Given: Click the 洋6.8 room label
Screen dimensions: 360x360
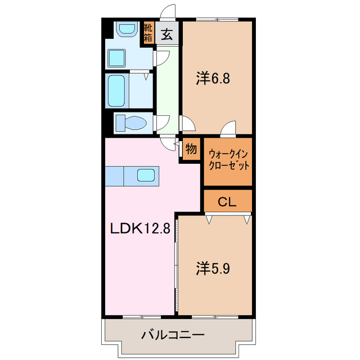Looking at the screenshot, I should coord(213,79).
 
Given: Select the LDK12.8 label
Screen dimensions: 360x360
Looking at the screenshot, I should coord(139,229).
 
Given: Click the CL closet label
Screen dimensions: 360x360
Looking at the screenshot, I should coord(227,201).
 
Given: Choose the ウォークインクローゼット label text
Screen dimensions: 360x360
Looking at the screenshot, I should coord(228,160).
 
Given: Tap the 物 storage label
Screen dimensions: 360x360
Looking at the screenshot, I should coord(191,149).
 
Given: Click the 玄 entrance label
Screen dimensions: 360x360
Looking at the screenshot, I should coord(167,35).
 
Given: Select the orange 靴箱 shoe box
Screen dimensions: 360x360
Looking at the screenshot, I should coord(148,33).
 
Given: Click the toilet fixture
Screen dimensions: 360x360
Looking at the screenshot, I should coord(130,123).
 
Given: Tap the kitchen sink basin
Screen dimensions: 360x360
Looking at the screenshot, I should coord(145,175).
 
